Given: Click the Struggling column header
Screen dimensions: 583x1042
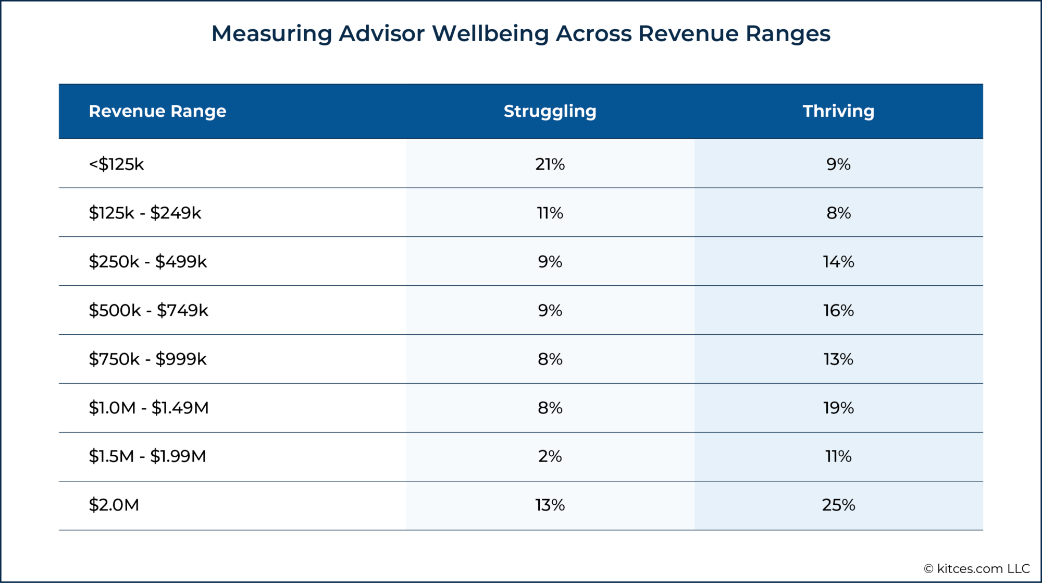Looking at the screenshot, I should (x=550, y=111).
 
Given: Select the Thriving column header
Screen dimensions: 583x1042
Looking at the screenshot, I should (x=838, y=111).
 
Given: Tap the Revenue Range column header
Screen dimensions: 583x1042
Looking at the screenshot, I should (x=157, y=111).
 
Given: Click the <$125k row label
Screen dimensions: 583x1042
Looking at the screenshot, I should (x=116, y=164).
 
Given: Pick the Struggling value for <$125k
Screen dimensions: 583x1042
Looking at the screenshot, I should (x=550, y=164).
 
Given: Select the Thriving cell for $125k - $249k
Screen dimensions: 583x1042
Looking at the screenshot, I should (x=838, y=213).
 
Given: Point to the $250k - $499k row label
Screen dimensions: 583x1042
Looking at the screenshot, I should (x=147, y=261).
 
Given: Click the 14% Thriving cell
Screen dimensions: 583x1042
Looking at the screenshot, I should (x=838, y=261).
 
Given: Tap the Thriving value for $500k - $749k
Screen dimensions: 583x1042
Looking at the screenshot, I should (x=838, y=310).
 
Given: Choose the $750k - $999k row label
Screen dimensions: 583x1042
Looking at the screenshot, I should (x=147, y=359).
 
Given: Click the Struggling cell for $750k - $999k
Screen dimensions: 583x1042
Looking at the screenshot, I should (x=550, y=359).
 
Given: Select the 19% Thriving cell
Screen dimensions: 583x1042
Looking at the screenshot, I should (x=838, y=407).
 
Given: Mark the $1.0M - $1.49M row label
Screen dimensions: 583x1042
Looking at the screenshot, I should (x=148, y=407).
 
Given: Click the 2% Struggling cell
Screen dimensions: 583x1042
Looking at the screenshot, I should (x=550, y=456).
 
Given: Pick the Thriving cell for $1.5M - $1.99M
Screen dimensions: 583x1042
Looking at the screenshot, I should (x=838, y=456).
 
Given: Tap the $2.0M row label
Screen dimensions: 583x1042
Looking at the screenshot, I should (x=114, y=505).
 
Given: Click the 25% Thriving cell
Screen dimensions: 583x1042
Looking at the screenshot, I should (x=838, y=505).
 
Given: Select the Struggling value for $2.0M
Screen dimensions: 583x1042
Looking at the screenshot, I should (x=550, y=505).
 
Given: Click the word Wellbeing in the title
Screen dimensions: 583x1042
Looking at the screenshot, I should (x=490, y=34).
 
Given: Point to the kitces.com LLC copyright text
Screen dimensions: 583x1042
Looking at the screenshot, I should (x=977, y=568).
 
